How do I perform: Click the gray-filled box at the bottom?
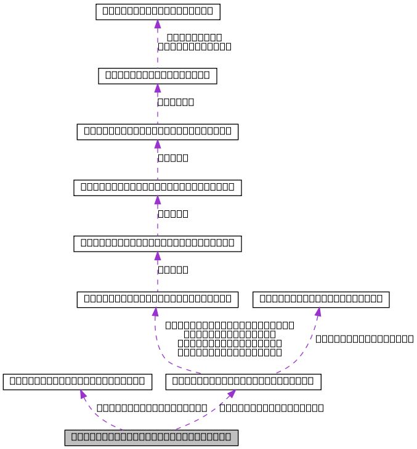pos(151,437)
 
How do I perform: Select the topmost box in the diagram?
pos(158,11)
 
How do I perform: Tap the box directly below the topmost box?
pos(158,75)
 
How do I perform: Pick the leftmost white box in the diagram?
pos(78,382)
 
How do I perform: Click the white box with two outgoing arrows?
pos(244,382)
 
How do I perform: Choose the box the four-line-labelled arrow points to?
pos(158,300)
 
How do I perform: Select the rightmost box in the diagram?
pos(322,299)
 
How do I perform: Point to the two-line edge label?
pos(195,41)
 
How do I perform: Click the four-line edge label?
pos(230,339)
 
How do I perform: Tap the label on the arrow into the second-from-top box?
pos(176,102)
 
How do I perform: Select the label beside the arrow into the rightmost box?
pos(364,339)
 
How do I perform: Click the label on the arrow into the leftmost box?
pos(152,408)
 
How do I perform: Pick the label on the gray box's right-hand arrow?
pos(272,408)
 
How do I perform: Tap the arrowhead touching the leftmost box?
pos(82,394)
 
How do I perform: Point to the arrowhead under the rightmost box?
pos(318,311)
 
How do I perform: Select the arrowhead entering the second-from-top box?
pos(158,88)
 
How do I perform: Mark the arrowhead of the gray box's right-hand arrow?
pos(230,394)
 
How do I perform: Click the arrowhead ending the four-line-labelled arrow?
pos(155,312)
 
